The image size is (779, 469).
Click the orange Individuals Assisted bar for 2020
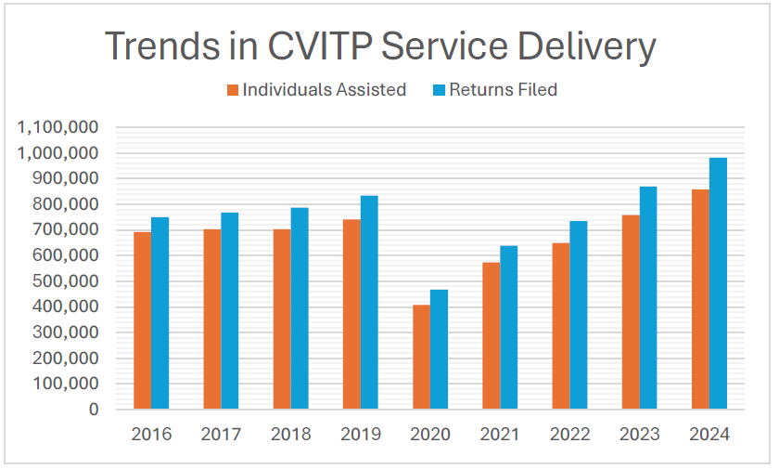(421, 357)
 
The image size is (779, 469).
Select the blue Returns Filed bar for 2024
(718, 283)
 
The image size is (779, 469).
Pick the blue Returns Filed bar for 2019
(369, 302)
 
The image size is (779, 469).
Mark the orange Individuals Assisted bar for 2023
(631, 312)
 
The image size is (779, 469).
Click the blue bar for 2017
(229, 310)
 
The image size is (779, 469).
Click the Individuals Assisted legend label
(324, 90)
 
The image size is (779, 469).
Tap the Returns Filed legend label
(503, 90)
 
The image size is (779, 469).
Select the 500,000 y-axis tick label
(63, 281)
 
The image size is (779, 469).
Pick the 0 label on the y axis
(94, 410)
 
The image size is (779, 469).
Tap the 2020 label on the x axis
(429, 435)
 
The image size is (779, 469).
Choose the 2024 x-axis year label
(709, 435)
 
